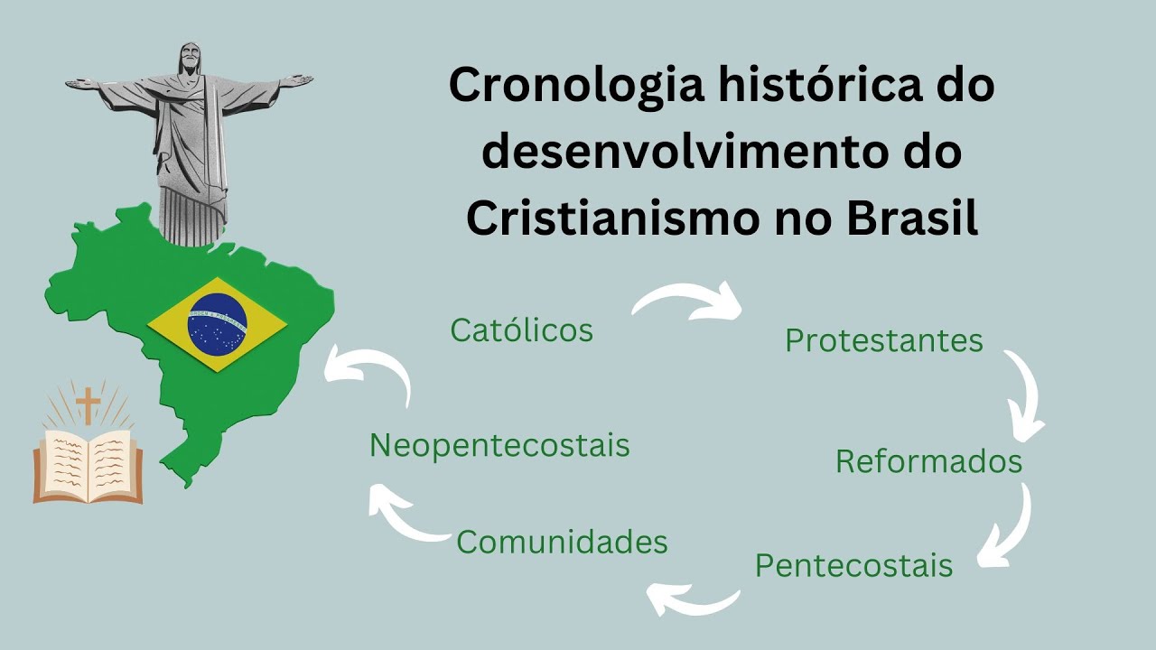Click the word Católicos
(x=522, y=330)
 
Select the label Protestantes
(x=883, y=340)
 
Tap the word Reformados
(x=928, y=461)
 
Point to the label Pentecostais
(x=853, y=566)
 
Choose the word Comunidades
(x=562, y=542)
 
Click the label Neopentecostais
(x=499, y=445)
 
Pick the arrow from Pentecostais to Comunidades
(x=694, y=598)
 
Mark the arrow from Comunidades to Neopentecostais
(x=402, y=515)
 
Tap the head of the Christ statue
(x=189, y=60)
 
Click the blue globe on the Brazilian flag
(x=217, y=324)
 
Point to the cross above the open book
(x=88, y=404)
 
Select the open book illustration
(x=88, y=465)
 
